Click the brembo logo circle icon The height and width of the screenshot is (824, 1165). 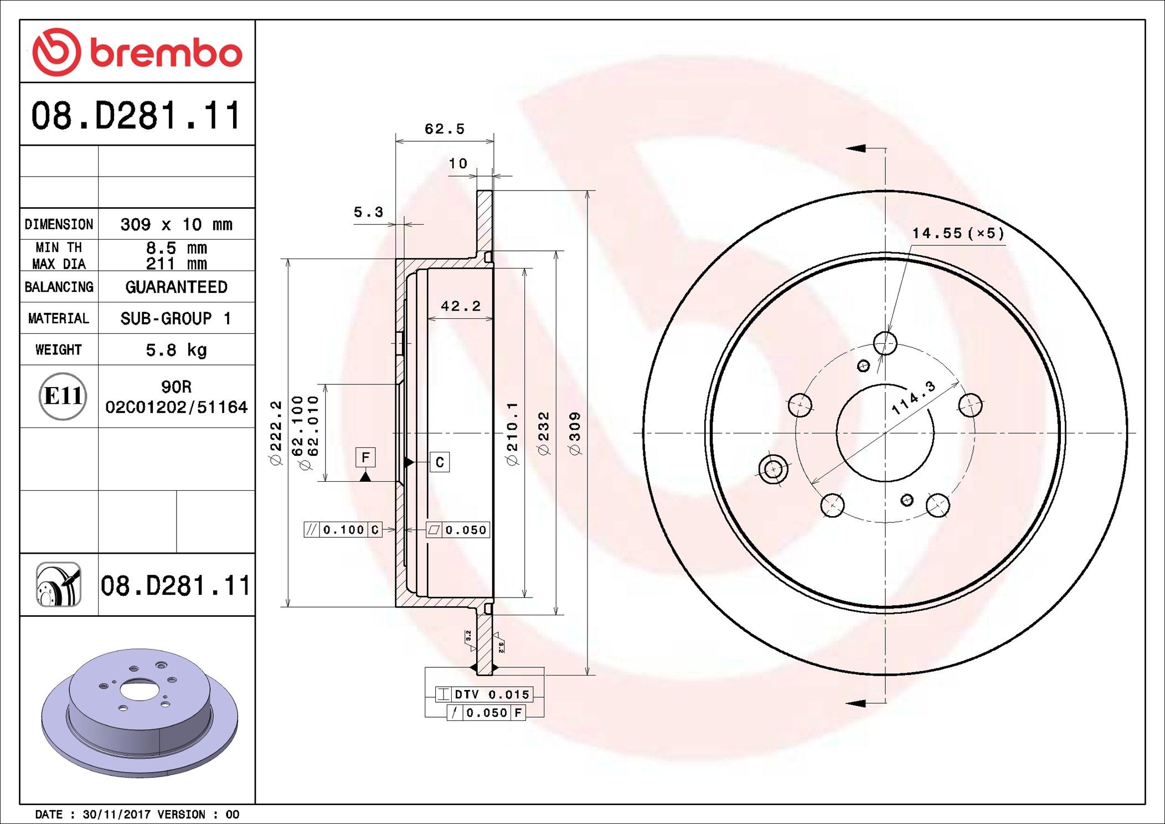coord(56,52)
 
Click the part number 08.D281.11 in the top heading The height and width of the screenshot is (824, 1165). coord(136,116)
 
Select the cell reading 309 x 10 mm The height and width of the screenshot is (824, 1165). coord(176,224)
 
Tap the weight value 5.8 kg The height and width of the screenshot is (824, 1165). coord(176,350)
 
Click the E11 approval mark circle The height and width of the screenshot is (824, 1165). coord(63,396)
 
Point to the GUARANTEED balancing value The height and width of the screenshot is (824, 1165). coord(176,287)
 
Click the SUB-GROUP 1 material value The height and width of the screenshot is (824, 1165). coord(176,318)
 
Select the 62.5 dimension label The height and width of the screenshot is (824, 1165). coord(444,129)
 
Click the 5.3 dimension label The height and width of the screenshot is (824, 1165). coord(368,212)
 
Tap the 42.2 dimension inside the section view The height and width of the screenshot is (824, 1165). coord(460,306)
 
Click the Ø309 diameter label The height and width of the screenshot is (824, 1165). coord(575,434)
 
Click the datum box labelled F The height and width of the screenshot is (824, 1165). coord(365,457)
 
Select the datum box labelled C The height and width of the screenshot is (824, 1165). coord(440,462)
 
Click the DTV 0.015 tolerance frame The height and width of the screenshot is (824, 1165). coord(484,694)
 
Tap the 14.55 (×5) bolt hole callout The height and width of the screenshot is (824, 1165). coord(958,233)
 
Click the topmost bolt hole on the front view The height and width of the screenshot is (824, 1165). coord(885,343)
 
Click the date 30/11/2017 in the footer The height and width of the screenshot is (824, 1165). coord(116,815)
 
